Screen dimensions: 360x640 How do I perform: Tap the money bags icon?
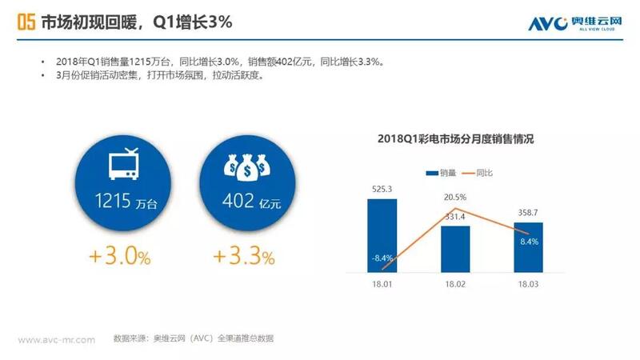click(x=246, y=165)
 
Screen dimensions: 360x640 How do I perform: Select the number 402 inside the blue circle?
click(x=232, y=202)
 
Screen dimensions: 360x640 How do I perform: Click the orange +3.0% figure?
click(x=119, y=257)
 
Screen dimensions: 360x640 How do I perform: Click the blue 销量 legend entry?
click(x=445, y=173)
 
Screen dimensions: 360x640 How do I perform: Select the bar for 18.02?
click(x=455, y=248)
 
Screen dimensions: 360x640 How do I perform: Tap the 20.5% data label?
click(x=455, y=197)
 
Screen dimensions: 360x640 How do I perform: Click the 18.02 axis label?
click(x=455, y=283)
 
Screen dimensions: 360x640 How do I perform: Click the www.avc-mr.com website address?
click(x=57, y=339)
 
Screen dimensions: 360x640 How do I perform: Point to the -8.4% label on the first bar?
click(x=382, y=258)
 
